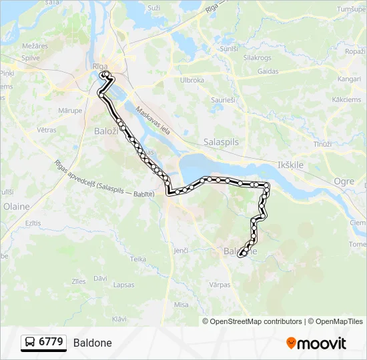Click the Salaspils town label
point(220,142)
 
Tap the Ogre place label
point(344,181)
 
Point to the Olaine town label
point(16,207)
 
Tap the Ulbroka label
point(192,80)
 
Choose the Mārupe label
point(69,110)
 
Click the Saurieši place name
point(224,99)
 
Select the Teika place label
point(138,259)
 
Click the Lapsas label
point(124,285)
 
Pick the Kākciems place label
point(346,99)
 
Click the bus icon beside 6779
point(30,343)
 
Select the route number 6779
point(51,343)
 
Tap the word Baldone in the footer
point(93,343)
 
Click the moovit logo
point(316,343)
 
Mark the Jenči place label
point(181,250)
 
